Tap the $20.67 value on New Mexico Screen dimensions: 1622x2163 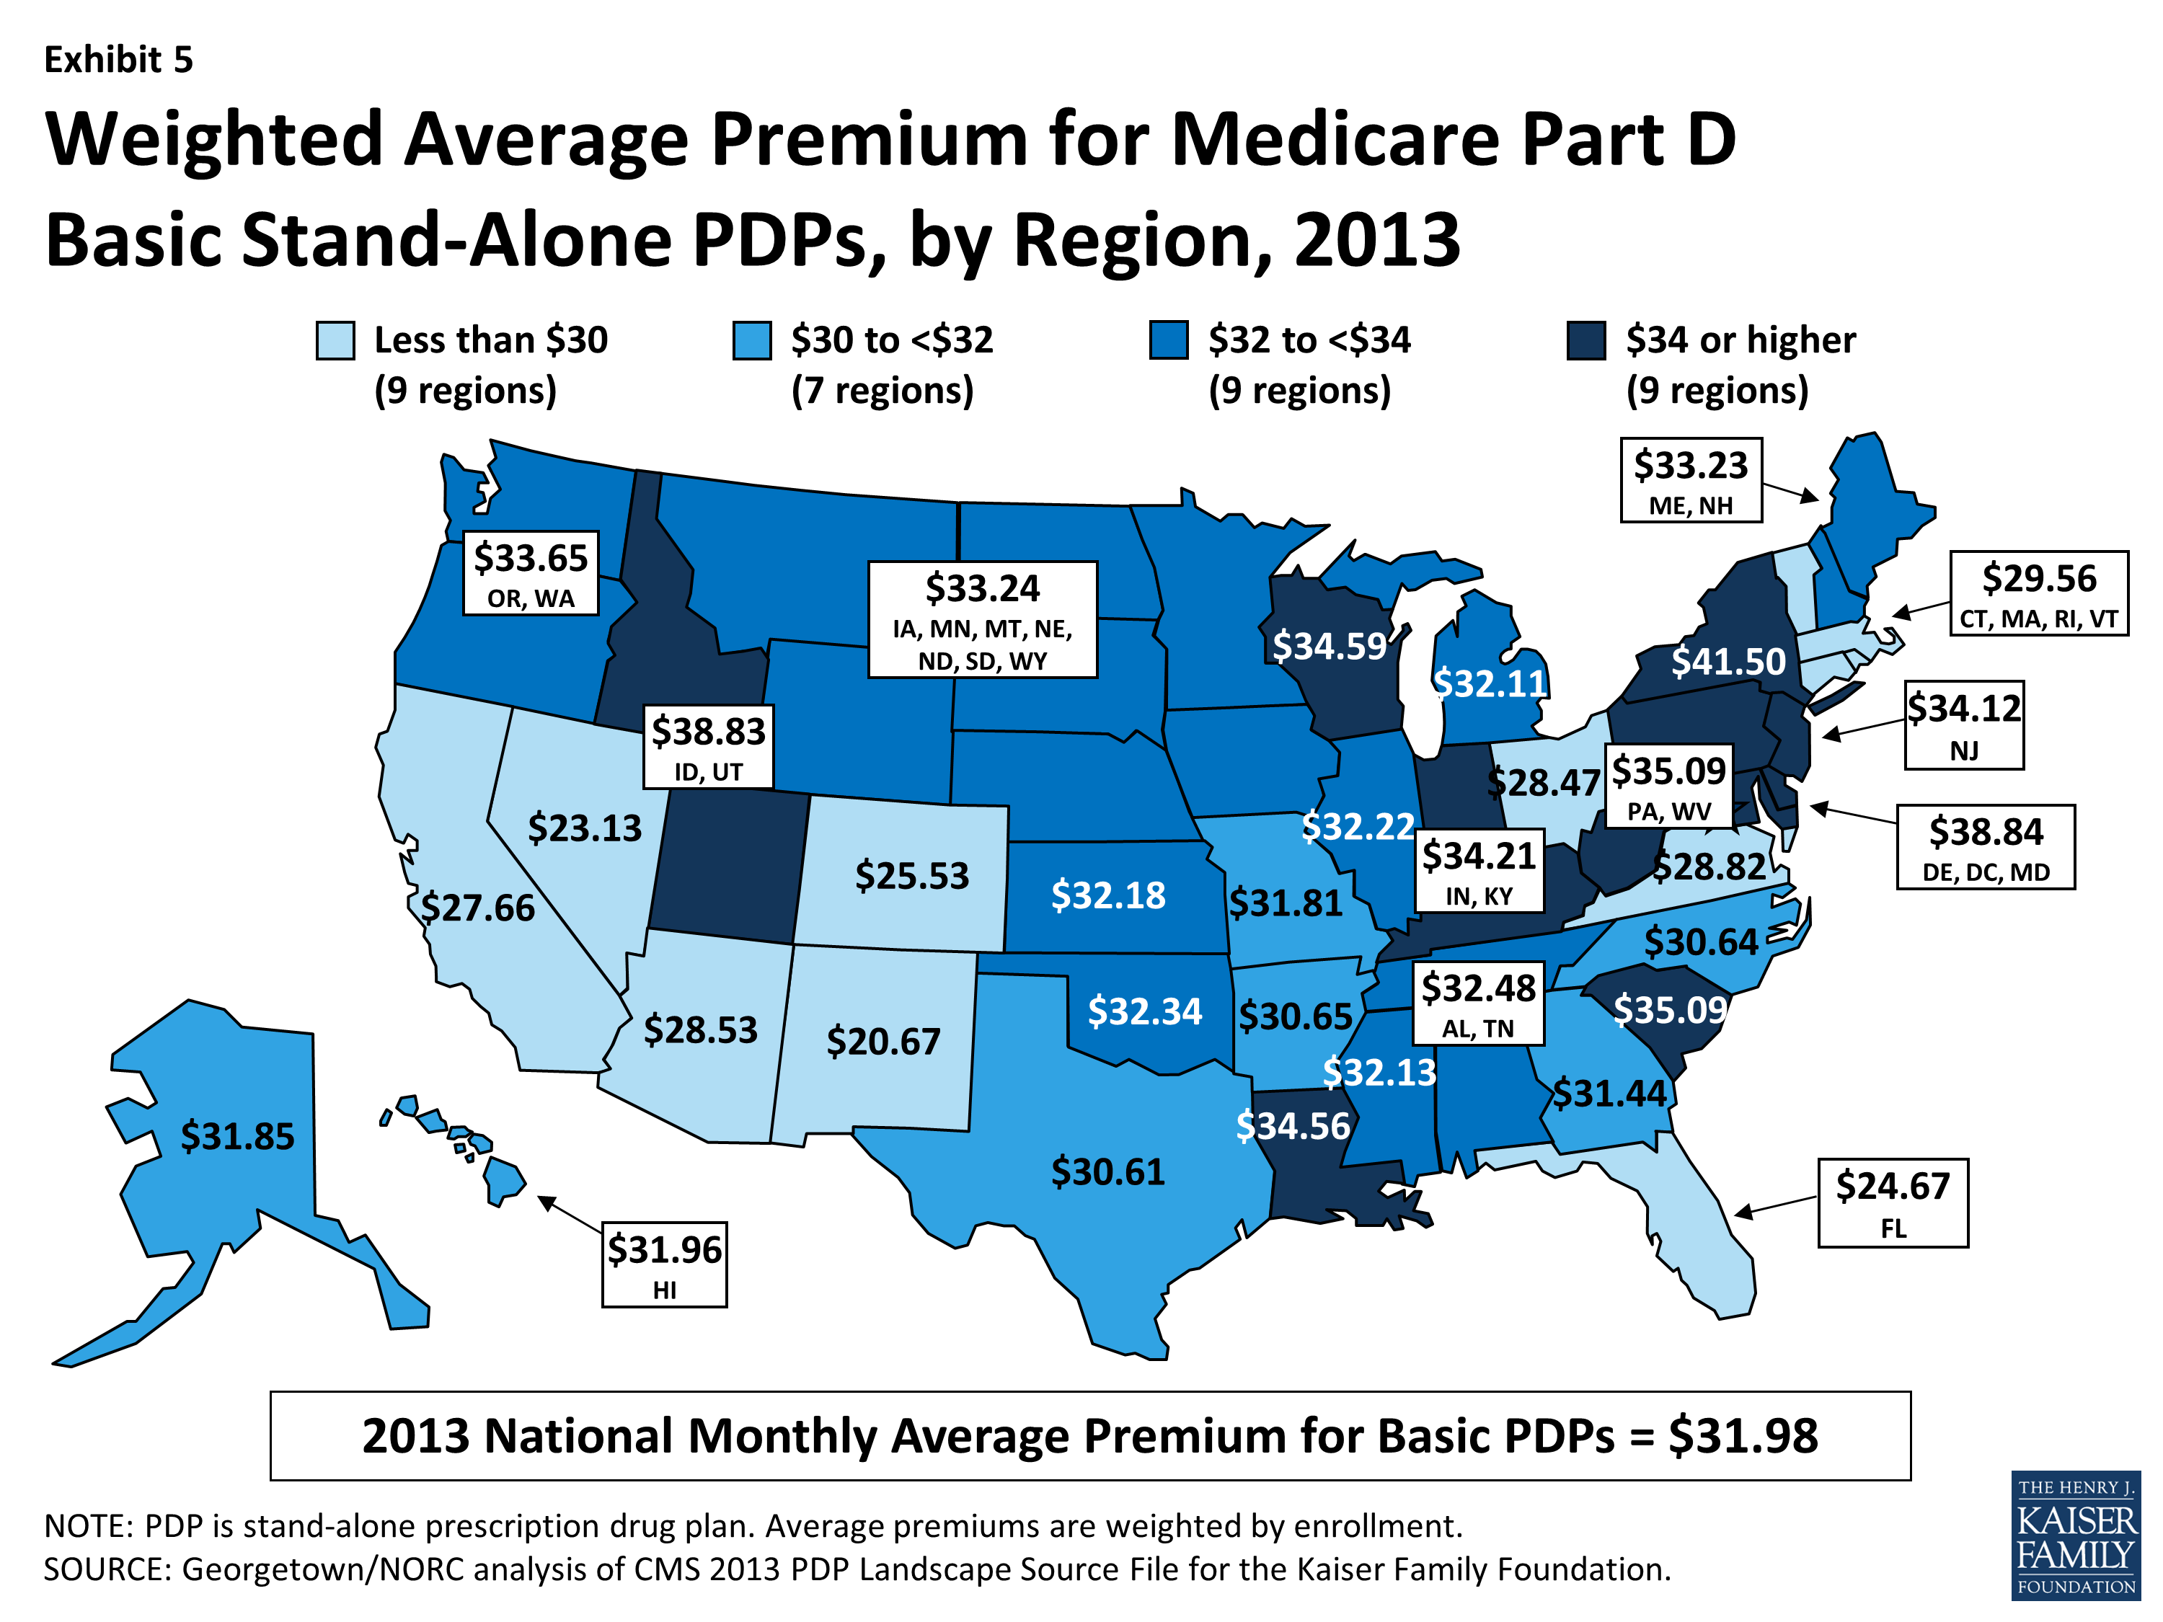[x=883, y=1041]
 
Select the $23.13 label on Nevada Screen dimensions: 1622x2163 [x=585, y=828]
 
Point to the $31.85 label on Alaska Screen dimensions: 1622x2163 [x=238, y=1136]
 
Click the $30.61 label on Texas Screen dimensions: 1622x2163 [x=1108, y=1171]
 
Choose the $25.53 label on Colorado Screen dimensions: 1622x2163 [x=911, y=875]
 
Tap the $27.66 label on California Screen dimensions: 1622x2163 [x=478, y=908]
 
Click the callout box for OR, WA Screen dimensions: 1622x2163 [x=530, y=573]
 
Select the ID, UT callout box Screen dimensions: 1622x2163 [x=708, y=746]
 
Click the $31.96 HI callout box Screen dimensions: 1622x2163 [x=664, y=1264]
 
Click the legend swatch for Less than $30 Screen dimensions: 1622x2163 [x=335, y=340]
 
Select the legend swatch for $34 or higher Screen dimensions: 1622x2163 [x=1586, y=340]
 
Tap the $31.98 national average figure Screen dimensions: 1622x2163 [x=1743, y=1436]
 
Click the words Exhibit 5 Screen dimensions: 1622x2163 [x=118, y=60]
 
